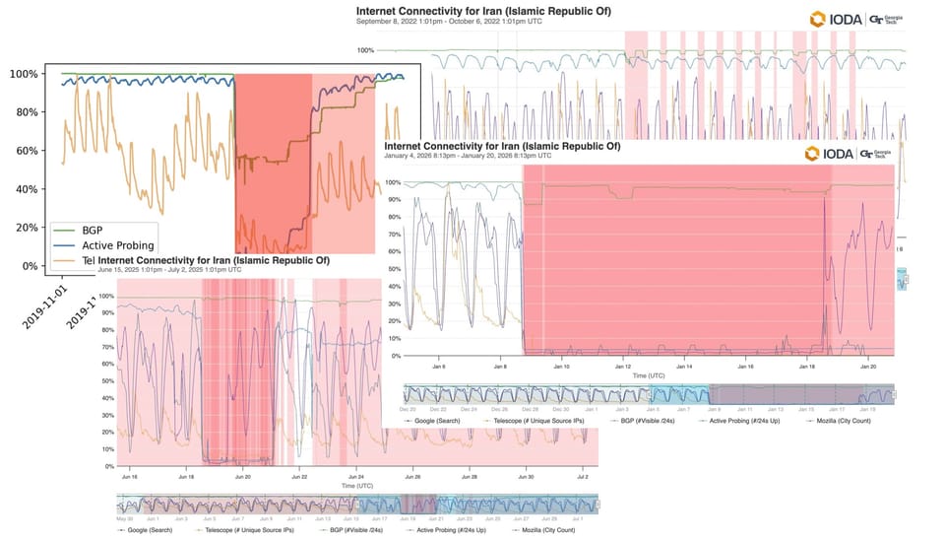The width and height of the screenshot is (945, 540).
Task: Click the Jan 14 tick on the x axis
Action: click(x=685, y=366)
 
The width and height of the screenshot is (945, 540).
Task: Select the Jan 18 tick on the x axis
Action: click(x=807, y=366)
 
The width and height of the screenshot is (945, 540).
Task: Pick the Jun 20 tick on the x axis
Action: click(x=243, y=476)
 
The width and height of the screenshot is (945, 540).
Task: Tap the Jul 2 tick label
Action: click(x=582, y=476)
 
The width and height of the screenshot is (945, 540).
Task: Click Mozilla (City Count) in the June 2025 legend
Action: click(x=543, y=530)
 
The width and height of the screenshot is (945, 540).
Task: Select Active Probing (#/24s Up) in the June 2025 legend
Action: click(x=452, y=530)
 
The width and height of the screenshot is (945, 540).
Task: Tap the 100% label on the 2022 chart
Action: click(x=365, y=50)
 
